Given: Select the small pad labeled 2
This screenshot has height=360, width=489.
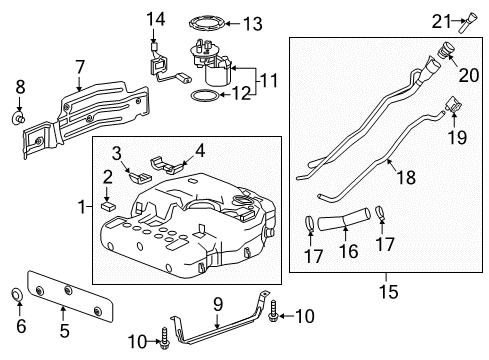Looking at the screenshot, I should [112, 209].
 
